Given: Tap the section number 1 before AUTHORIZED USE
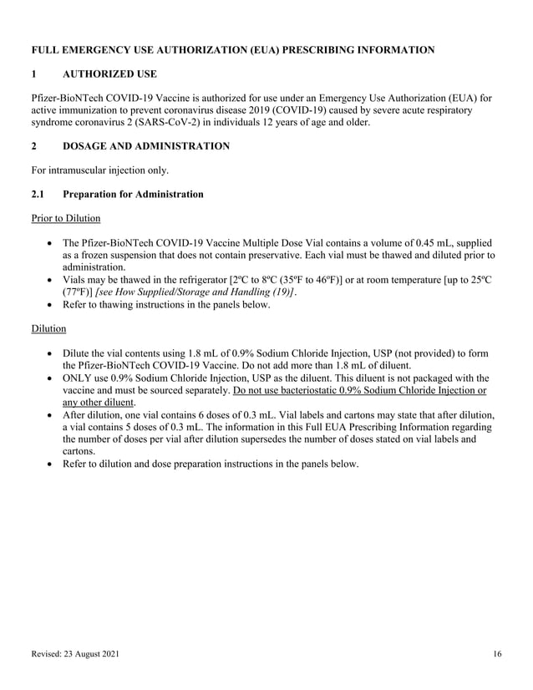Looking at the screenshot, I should tap(33, 74).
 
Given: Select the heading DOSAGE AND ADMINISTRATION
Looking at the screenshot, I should tap(146, 145).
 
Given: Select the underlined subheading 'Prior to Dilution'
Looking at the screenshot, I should tap(65, 218).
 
